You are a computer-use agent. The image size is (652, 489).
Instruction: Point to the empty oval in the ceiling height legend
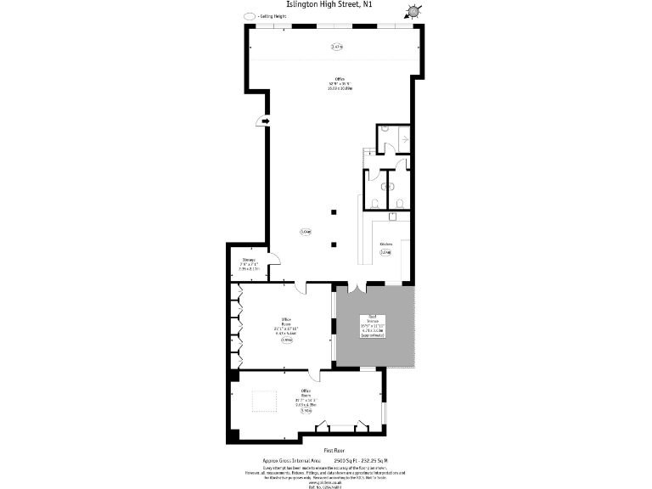click(249, 16)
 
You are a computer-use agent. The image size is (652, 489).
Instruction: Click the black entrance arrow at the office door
click(265, 122)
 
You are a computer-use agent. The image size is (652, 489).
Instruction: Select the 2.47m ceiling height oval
click(336, 48)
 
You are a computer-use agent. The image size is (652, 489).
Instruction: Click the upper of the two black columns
click(334, 212)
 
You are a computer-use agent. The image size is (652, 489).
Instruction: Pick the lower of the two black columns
click(334, 244)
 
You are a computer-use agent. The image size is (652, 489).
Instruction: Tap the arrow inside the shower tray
click(404, 137)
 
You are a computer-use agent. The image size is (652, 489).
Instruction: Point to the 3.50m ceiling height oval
click(306, 411)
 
